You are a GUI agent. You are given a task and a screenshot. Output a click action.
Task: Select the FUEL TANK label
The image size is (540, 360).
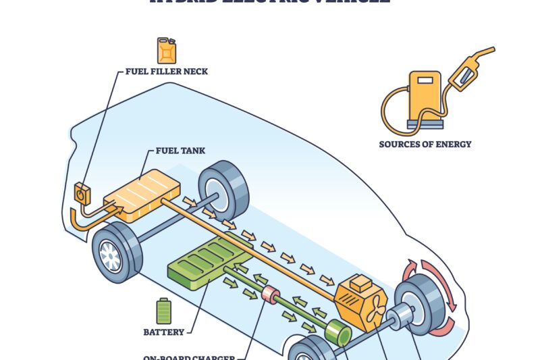tap(180, 151)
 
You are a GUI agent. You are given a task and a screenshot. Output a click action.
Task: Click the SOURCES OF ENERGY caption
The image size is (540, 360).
tap(425, 144)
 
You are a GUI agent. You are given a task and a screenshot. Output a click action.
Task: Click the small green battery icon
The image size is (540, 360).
tap(163, 311)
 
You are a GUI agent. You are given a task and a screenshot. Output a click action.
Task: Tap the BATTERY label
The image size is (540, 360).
tap(164, 332)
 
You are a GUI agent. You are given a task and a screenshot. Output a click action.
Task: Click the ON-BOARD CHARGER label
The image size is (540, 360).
tap(188, 357)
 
